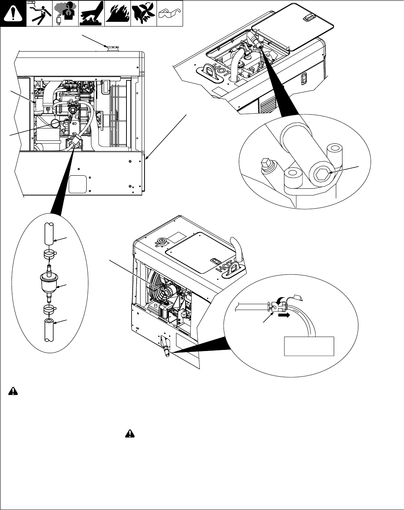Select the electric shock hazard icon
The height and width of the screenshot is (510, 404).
point(39,13)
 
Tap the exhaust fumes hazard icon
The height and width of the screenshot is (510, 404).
point(65,13)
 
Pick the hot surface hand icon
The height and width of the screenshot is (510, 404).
point(92,13)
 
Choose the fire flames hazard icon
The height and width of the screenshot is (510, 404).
point(117,13)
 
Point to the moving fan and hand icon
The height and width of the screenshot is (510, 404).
point(143,13)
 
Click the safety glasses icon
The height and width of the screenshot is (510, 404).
point(170,13)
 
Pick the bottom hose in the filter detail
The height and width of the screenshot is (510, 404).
point(49,330)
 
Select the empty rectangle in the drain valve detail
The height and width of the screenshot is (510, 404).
point(309,346)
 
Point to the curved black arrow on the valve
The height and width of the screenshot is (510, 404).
point(278,302)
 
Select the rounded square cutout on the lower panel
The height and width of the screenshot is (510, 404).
point(78,184)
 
